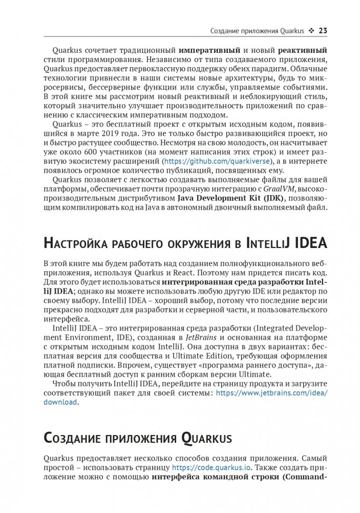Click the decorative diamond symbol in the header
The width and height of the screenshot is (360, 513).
click(x=311, y=30)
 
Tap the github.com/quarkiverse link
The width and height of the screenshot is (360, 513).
click(x=197, y=160)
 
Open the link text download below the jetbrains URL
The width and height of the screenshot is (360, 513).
click(x=60, y=402)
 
